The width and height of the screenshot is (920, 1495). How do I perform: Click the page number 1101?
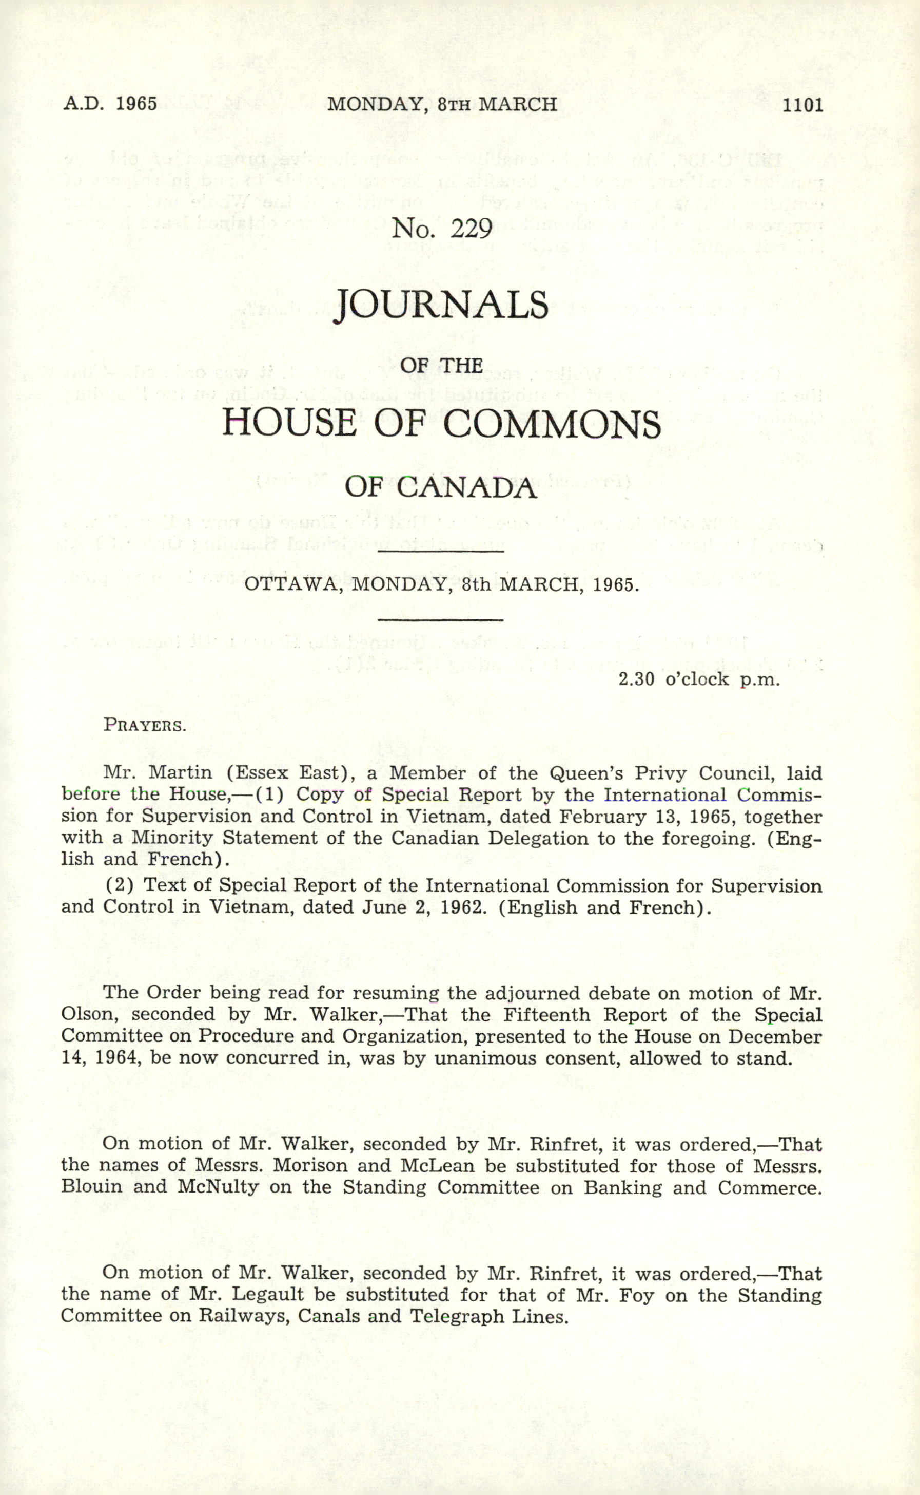click(802, 105)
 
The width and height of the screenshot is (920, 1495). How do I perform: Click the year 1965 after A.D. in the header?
click(136, 104)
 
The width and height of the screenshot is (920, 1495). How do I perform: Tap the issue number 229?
click(471, 229)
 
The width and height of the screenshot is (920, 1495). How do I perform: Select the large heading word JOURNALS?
click(442, 305)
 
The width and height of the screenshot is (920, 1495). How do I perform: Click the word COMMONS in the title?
click(551, 424)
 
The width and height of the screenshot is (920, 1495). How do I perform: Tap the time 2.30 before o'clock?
click(636, 679)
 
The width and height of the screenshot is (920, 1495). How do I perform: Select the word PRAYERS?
click(145, 725)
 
